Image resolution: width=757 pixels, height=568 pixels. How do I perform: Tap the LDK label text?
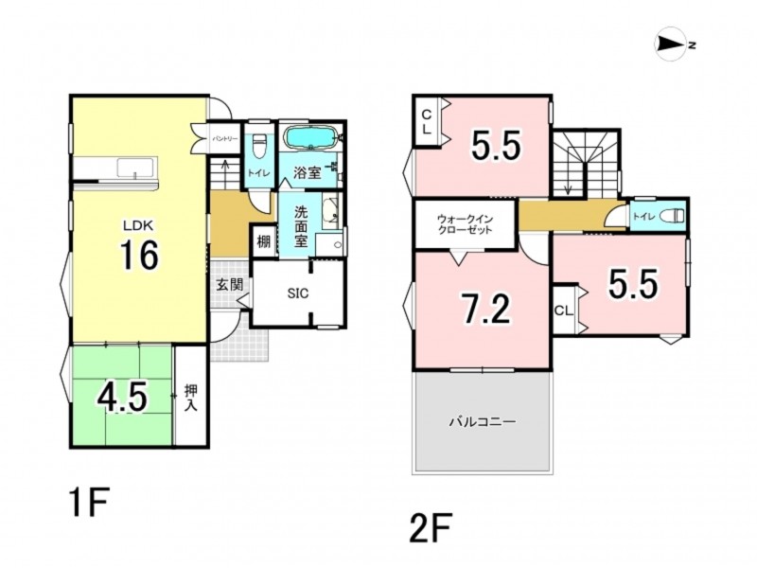[x=137, y=225]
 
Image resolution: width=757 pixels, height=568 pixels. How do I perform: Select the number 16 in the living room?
[x=139, y=255]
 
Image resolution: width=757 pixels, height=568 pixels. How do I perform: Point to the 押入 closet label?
[x=191, y=398]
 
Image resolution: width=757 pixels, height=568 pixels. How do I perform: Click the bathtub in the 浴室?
[x=311, y=137]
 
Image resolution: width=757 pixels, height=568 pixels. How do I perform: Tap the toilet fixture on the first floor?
[x=258, y=146]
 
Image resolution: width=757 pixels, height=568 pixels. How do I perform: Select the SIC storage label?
[x=297, y=293]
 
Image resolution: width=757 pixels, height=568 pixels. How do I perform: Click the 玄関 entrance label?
[x=229, y=285]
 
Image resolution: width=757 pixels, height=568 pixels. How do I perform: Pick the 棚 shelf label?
[x=263, y=241]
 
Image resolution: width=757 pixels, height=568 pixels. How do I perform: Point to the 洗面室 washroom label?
[x=301, y=226]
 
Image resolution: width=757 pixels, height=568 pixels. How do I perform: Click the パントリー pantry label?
[x=225, y=138]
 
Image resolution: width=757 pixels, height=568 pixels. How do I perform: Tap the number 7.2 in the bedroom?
[x=486, y=310]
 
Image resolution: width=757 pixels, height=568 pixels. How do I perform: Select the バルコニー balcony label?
[x=483, y=421]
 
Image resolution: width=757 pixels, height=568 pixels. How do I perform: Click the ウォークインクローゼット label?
[x=465, y=224]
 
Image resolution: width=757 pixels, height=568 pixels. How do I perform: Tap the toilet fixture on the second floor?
[x=675, y=215]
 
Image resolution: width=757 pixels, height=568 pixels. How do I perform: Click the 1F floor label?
[x=90, y=502]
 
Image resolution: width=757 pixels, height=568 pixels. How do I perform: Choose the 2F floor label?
[x=431, y=528]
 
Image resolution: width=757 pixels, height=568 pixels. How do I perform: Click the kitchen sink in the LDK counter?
[x=136, y=169]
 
